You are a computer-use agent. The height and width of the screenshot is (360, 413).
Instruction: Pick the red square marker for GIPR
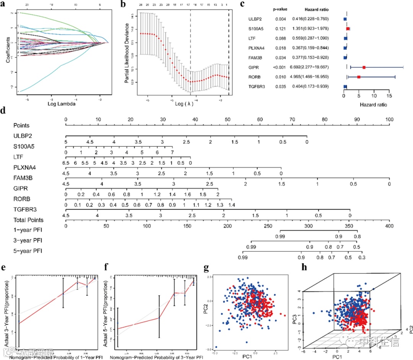[364, 67]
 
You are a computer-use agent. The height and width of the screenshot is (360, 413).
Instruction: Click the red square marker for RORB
[359, 77]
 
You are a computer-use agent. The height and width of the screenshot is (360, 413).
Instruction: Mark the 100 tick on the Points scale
[389, 120]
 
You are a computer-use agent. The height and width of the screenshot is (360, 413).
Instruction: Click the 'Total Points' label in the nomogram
[28, 220]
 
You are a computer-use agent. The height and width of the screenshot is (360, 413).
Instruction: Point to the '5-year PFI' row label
[28, 251]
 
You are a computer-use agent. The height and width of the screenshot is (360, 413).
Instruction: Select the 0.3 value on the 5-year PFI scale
[361, 258]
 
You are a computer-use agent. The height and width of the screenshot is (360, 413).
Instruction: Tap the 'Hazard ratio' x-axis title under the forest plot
[373, 104]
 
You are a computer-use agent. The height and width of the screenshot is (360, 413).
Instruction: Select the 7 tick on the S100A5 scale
[172, 152]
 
